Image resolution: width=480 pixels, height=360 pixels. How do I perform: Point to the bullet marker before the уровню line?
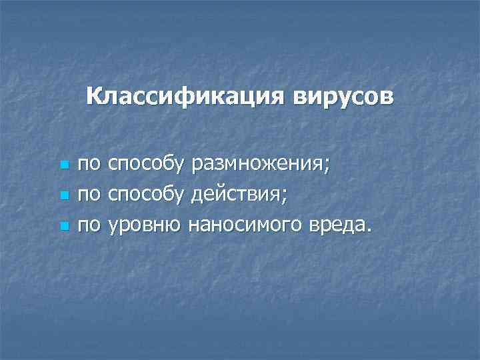[x=64, y=227]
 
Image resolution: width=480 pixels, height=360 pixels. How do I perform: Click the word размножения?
[x=257, y=164]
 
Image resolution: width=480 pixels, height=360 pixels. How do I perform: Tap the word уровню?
[x=144, y=227]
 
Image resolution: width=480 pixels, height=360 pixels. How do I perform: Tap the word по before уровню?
[x=88, y=227]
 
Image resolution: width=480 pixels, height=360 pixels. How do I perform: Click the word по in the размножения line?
[x=88, y=164]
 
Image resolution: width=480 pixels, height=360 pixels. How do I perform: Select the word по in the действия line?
[x=88, y=195]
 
